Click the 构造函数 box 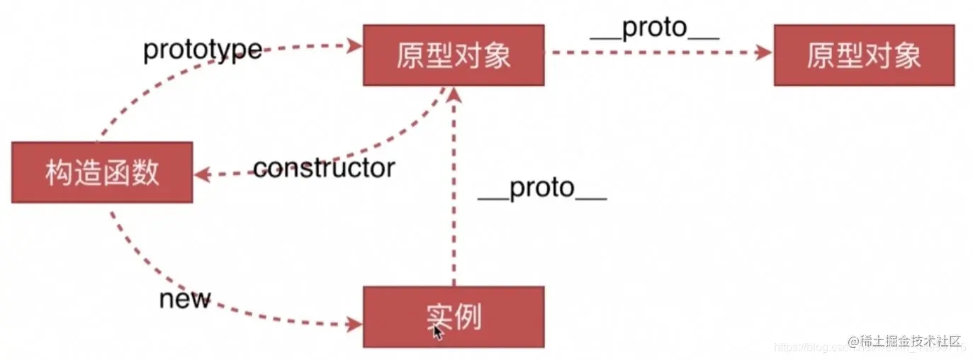click(102, 172)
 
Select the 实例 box click(454, 316)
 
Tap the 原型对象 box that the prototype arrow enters click(454, 55)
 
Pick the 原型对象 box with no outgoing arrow click(864, 55)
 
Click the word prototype click(203, 51)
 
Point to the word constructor click(323, 169)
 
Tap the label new click(185, 299)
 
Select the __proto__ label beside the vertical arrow click(542, 189)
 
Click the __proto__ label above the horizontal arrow click(655, 28)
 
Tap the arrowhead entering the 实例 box click(354, 325)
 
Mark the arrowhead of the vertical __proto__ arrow click(454, 95)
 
